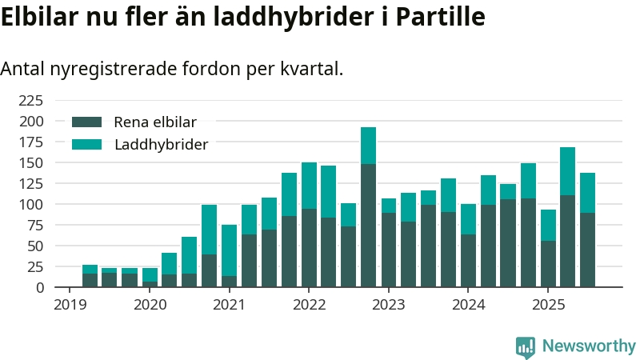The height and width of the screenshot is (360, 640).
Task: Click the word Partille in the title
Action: pyautogui.click(x=443, y=17)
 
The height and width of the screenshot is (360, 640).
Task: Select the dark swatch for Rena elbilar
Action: pyautogui.click(x=87, y=122)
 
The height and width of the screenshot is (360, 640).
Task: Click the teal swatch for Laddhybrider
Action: pyautogui.click(x=87, y=145)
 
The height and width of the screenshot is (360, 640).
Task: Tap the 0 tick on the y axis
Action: pyautogui.click(x=38, y=287)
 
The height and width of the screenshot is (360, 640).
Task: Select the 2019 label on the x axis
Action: pyautogui.click(x=70, y=305)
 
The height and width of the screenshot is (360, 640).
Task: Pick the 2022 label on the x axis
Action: pyautogui.click(x=309, y=305)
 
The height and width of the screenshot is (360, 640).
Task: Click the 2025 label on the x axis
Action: pyautogui.click(x=548, y=305)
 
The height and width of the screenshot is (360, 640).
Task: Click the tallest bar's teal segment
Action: pyautogui.click(x=368, y=146)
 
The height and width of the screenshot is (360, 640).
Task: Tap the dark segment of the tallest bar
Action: pyautogui.click(x=368, y=224)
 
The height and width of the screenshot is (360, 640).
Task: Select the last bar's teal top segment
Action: pyautogui.click(x=587, y=193)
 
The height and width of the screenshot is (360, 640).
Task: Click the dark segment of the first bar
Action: pyautogui.click(x=90, y=280)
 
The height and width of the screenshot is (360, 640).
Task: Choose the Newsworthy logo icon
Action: pyautogui.click(x=526, y=346)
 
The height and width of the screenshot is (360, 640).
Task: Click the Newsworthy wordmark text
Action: pyautogui.click(x=589, y=346)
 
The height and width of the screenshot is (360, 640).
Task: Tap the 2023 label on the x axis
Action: pyautogui.click(x=389, y=305)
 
